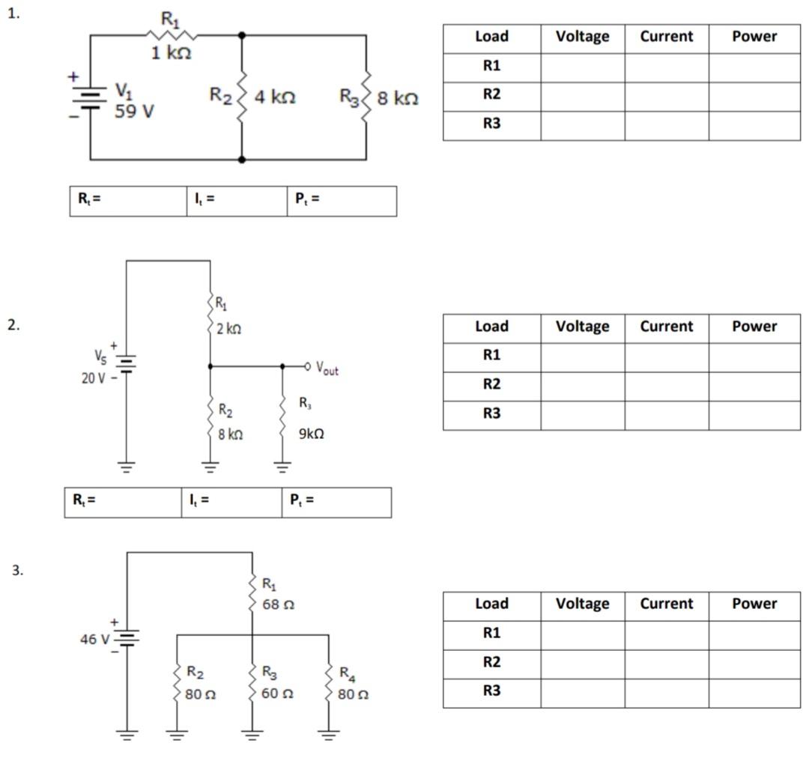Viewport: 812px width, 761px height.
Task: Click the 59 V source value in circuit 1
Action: pos(134,112)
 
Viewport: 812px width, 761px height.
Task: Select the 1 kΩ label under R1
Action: pos(172,53)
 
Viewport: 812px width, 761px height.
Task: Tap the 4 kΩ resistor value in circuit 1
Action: pos(275,97)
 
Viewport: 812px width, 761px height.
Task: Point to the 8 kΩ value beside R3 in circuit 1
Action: pos(398,98)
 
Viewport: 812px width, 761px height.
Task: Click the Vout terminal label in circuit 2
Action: pos(327,368)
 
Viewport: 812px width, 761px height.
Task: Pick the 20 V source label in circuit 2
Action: pos(94,378)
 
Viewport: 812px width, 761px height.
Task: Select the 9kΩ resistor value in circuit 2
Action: pos(312,434)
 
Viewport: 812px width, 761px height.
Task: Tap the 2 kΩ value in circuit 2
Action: pos(228,329)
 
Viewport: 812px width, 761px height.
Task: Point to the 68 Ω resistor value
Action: pos(276,603)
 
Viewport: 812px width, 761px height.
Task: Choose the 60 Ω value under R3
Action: pos(276,694)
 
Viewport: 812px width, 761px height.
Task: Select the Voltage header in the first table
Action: pos(582,37)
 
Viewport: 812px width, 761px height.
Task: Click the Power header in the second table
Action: pos(754,327)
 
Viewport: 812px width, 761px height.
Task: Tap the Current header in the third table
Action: pos(666,604)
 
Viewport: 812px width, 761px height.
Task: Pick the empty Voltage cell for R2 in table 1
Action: pos(582,95)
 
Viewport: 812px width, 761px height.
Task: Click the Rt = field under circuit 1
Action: pos(127,201)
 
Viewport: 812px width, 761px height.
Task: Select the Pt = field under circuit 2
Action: pos(336,502)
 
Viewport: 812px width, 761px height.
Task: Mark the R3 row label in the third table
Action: pos(491,691)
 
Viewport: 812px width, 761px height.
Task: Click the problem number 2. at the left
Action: pos(14,324)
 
